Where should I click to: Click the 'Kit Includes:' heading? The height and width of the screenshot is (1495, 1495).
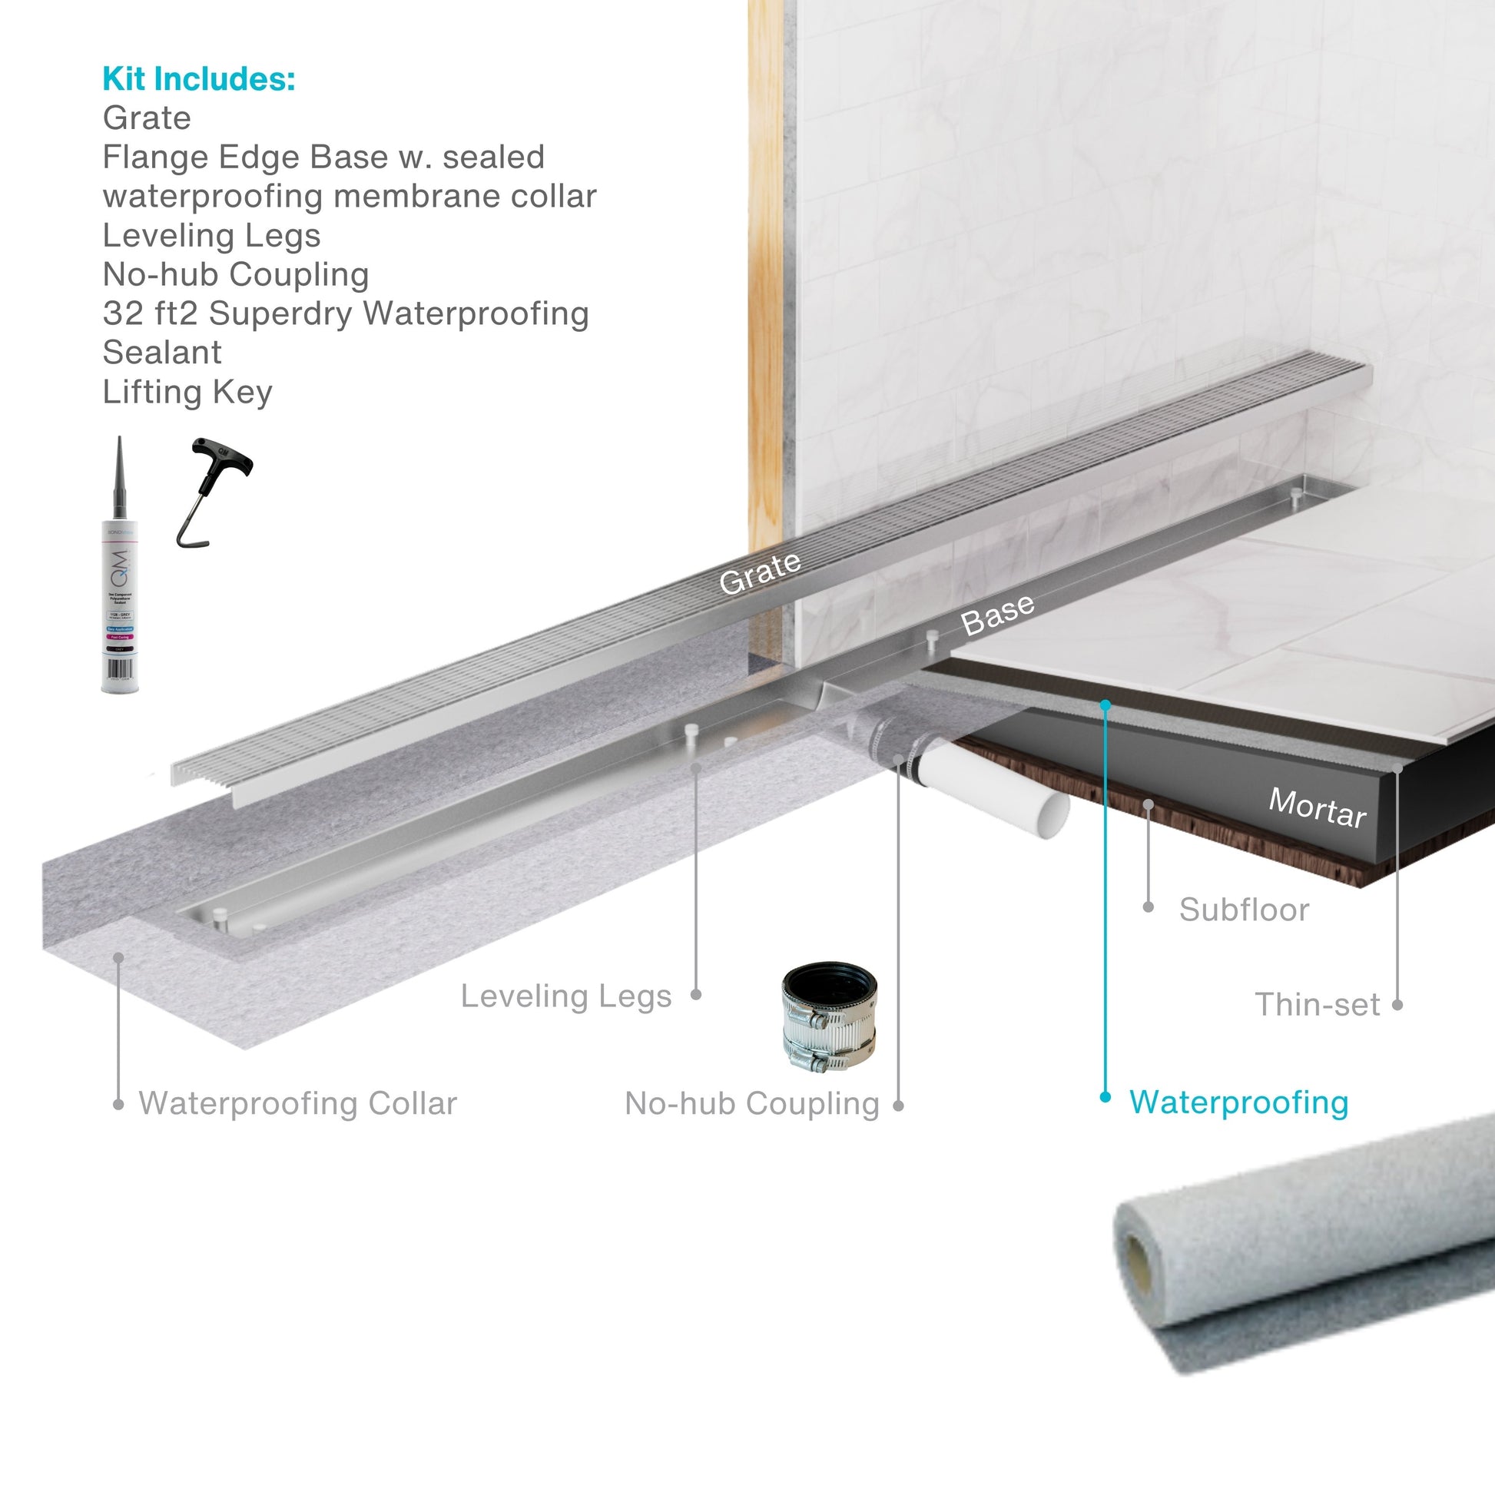pos(199,79)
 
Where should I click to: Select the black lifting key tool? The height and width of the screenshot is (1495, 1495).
pos(213,488)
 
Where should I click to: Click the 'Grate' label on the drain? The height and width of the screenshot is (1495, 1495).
pos(759,572)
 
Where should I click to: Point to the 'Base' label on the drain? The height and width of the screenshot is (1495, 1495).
pos(996,615)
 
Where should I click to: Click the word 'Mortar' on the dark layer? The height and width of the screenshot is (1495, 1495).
pos(1317,808)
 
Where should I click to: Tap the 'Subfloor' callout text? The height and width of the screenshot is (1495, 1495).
pos(1244,910)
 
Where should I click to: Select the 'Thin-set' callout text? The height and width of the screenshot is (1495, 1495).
pos(1317,1005)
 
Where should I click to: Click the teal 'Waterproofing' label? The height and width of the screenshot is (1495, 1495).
pos(1238,1102)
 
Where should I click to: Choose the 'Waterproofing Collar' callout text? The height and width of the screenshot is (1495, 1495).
pos(298,1103)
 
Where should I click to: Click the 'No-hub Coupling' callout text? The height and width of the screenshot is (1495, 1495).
pos(751,1104)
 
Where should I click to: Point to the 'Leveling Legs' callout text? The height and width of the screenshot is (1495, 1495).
pos(565,996)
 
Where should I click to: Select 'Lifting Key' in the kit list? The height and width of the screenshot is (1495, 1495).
pos(187,393)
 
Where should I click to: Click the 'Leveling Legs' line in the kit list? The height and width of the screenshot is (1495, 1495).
pos(211,235)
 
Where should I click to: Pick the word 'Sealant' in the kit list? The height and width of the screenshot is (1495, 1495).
pos(162,353)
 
